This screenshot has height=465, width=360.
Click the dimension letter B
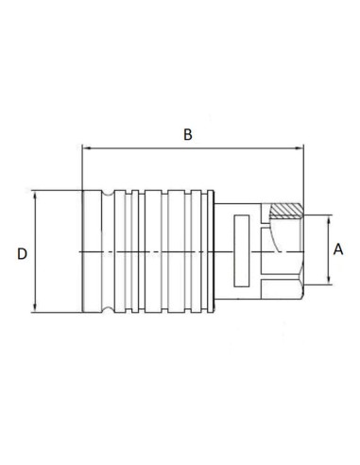point(187,135)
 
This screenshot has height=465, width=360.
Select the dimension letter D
point(21,253)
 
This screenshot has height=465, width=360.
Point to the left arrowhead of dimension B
point(88,148)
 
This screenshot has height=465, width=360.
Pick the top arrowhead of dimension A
point(328,219)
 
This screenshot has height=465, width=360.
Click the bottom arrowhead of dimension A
point(328,281)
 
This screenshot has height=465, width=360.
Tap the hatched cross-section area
point(283,211)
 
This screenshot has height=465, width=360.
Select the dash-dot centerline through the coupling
point(170,252)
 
